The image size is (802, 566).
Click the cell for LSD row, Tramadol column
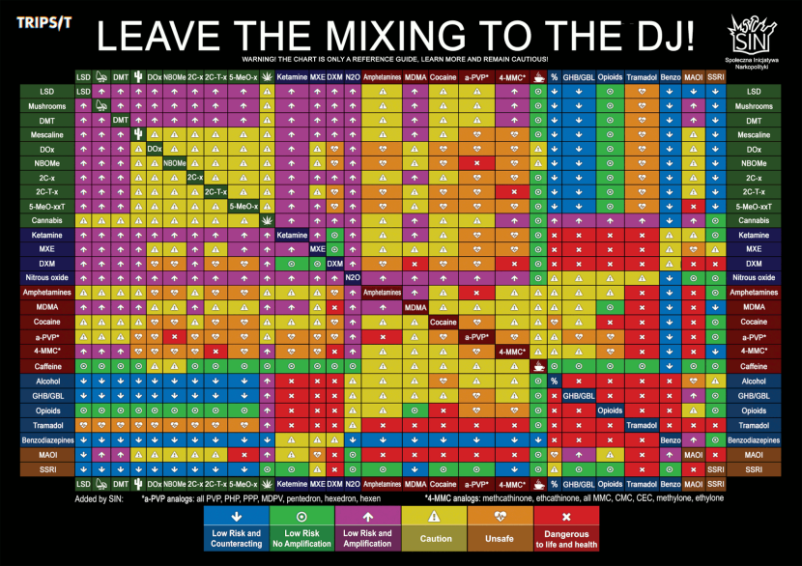click(642, 91)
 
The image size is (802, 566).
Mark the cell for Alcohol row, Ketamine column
click(292, 382)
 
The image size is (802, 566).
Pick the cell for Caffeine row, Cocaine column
click(444, 367)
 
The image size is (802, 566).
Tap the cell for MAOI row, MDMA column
click(415, 454)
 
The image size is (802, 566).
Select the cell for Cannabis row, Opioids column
click(610, 220)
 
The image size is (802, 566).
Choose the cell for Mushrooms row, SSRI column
click(716, 106)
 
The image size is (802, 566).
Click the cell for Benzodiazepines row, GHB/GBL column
click(578, 439)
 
